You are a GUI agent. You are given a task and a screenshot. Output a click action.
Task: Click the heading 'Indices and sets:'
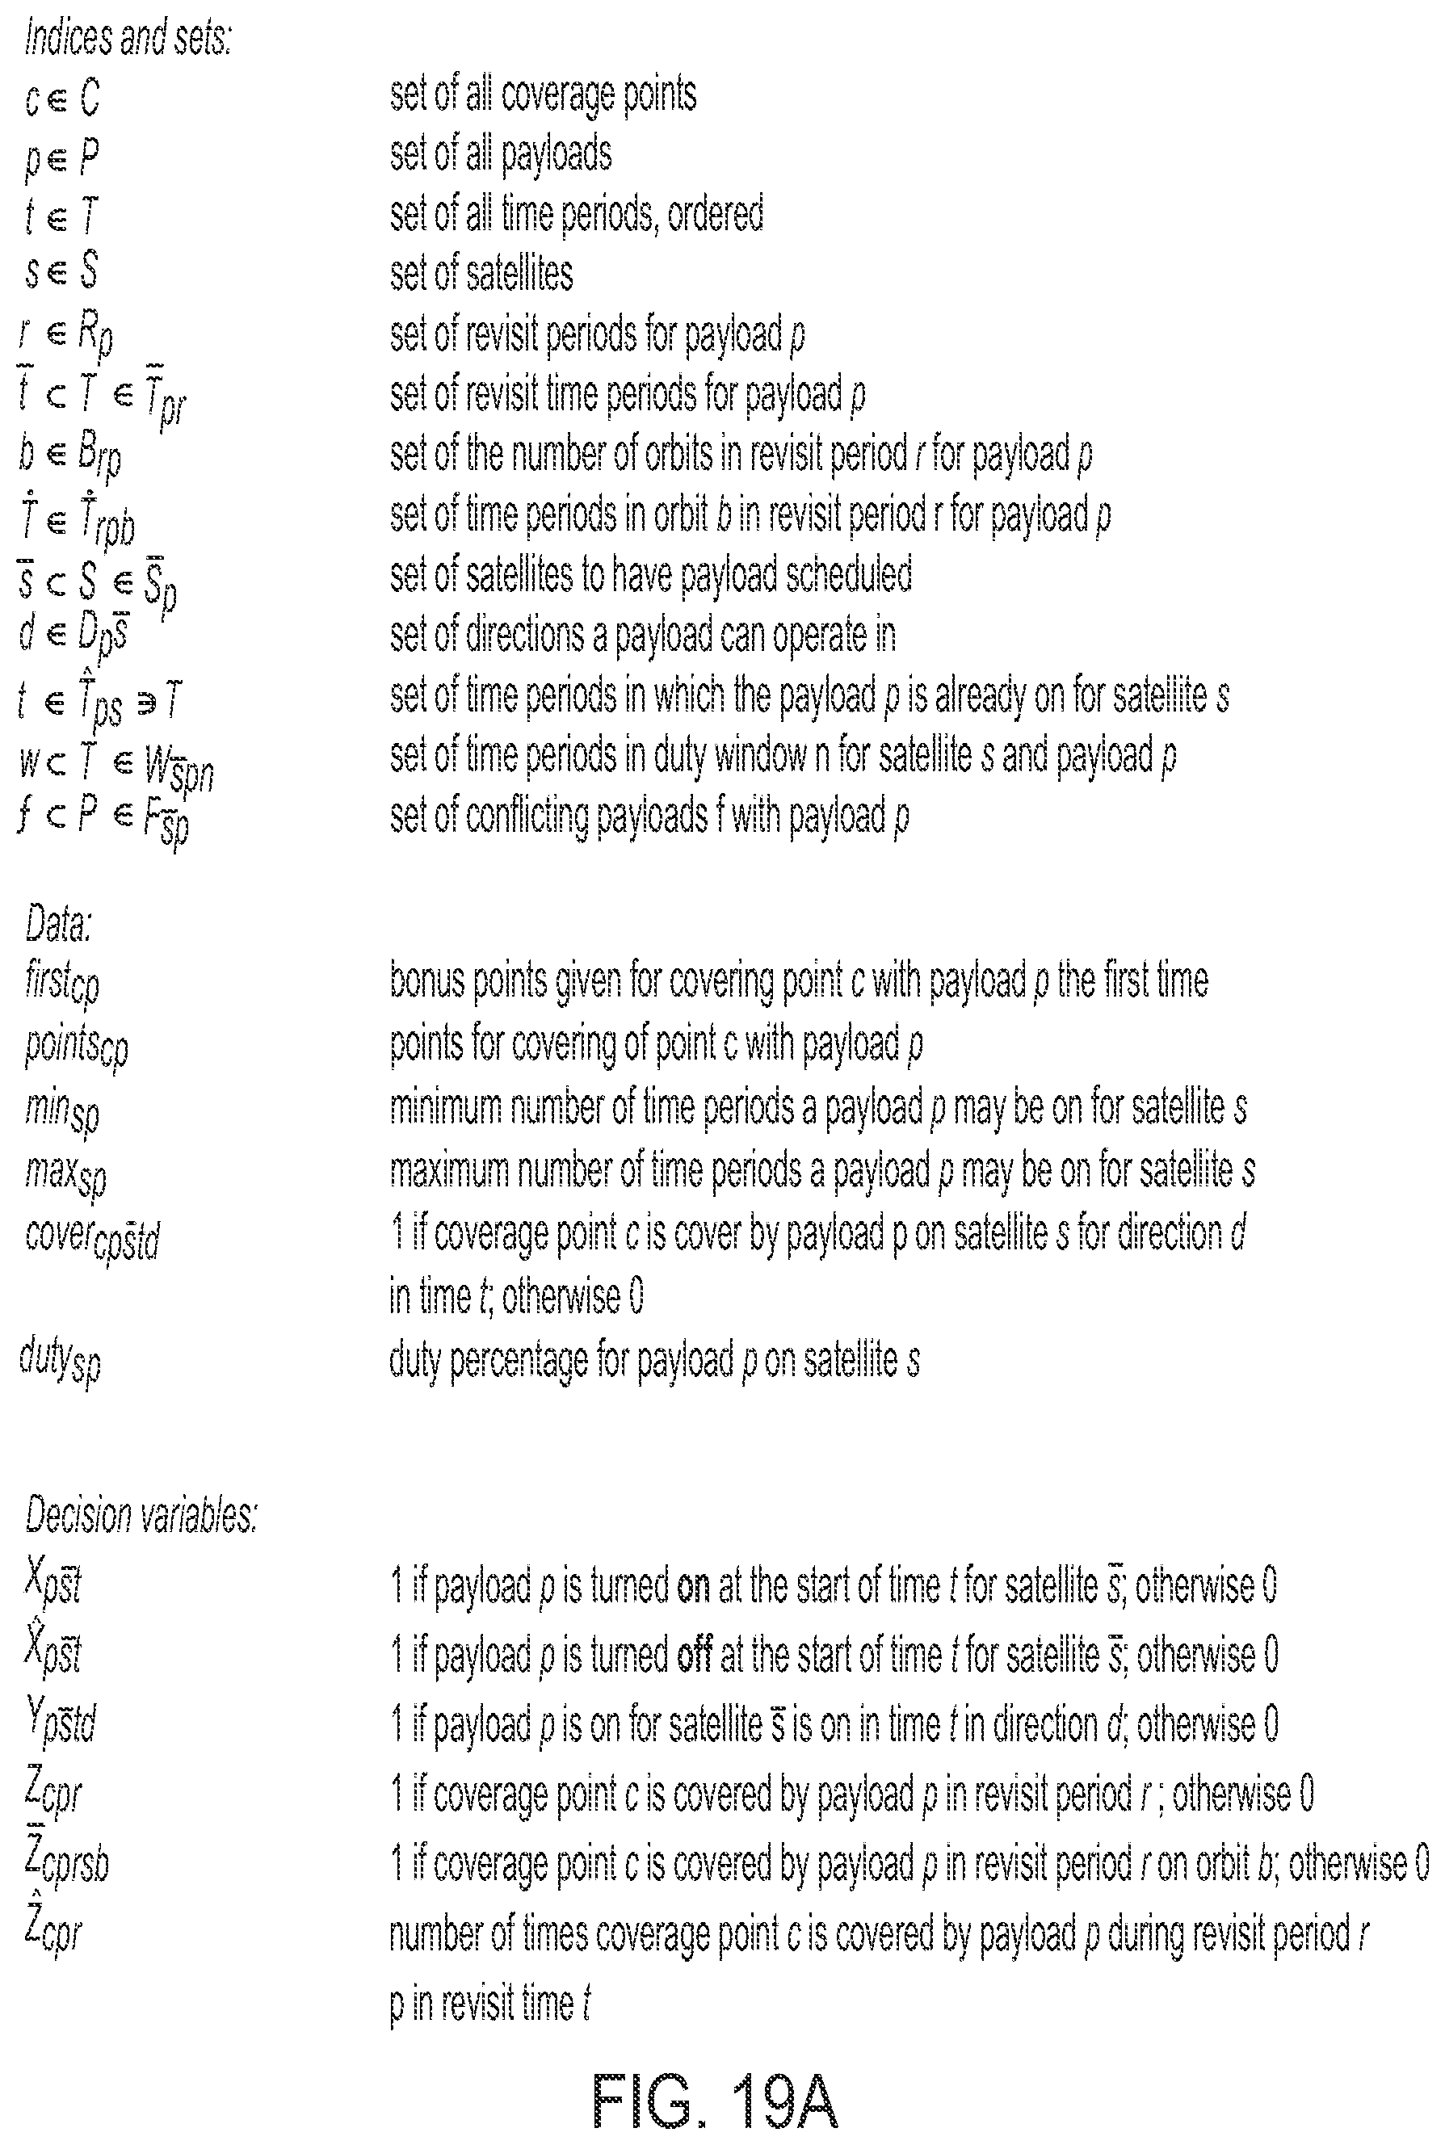128,38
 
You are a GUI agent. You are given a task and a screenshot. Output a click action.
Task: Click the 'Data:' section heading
58,924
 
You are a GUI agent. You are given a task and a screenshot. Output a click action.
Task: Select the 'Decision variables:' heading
140,1516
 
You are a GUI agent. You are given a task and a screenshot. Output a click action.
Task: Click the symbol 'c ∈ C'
61,98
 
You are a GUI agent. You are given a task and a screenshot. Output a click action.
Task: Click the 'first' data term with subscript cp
61,984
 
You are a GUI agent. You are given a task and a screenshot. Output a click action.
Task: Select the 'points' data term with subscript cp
77,1048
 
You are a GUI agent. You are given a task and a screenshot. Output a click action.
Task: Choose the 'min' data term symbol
61,1111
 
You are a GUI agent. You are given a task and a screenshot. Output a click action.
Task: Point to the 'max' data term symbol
65,1173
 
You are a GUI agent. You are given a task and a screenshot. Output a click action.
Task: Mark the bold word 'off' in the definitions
695,1656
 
